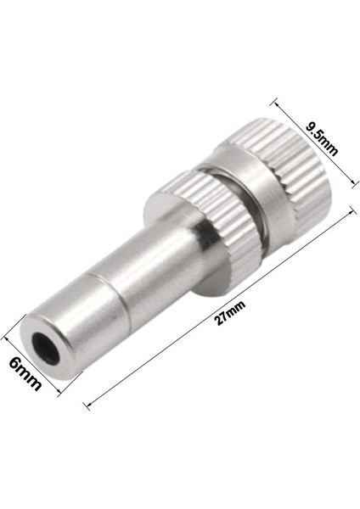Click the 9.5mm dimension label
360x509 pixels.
322,140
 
